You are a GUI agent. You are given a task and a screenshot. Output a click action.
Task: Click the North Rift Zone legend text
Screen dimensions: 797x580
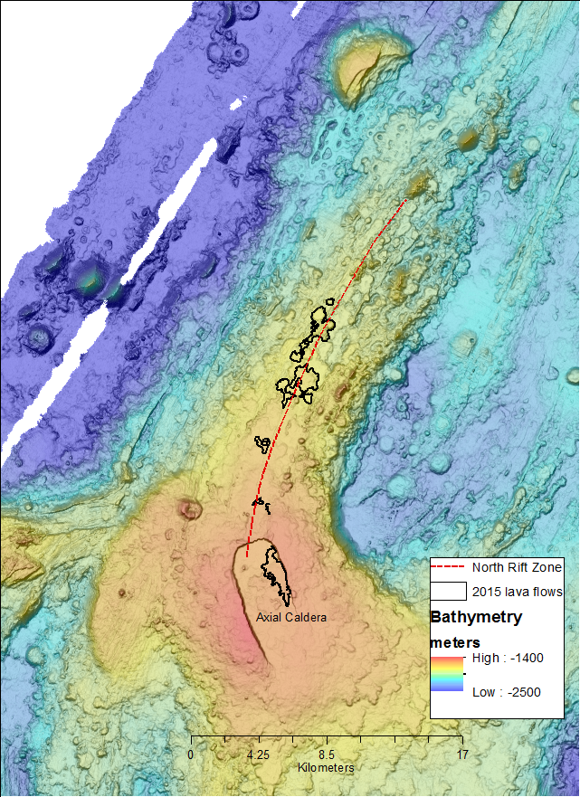[x=518, y=567]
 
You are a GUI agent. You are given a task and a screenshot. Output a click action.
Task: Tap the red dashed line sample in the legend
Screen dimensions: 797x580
[x=449, y=568]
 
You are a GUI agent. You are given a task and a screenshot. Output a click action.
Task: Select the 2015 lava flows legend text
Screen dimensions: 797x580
[x=518, y=592]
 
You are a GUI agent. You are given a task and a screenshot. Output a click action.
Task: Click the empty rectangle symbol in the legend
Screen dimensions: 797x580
[x=449, y=592]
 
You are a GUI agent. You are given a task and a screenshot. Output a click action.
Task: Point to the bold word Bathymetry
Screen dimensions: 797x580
[x=475, y=618]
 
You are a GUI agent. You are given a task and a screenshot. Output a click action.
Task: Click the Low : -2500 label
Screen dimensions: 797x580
[x=506, y=692]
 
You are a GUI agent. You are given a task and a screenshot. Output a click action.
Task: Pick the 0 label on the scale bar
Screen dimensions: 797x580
[x=191, y=754]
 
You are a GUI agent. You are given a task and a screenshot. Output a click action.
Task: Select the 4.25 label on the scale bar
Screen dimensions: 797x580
[x=259, y=754]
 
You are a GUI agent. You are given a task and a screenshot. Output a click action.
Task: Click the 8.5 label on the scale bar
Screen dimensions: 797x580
[x=327, y=754]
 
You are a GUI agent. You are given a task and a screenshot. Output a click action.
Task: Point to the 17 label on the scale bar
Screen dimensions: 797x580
[x=462, y=754]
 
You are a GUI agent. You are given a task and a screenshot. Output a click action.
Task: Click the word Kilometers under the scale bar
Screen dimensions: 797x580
[x=326, y=767]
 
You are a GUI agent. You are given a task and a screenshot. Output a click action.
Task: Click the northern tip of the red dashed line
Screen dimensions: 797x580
[x=406, y=197]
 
